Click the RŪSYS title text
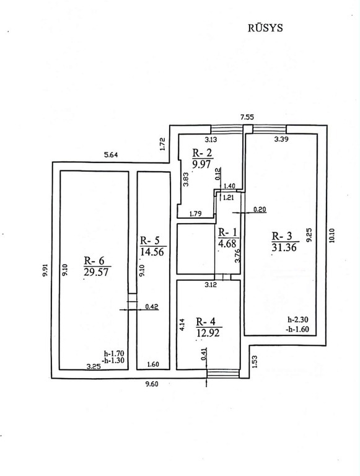(x=265, y=28)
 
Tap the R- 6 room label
(x=94, y=261)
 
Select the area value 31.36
(x=284, y=247)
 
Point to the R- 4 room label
(x=206, y=322)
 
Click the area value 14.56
(x=152, y=252)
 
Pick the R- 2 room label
(x=202, y=152)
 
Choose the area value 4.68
(x=227, y=244)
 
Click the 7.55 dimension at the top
(x=247, y=117)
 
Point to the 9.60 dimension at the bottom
(x=152, y=384)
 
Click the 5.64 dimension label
(x=111, y=155)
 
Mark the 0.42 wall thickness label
(x=152, y=307)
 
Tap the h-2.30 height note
(x=298, y=320)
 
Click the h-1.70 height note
(x=114, y=354)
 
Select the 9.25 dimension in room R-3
(x=310, y=235)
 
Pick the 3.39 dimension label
(x=281, y=139)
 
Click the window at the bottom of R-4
(x=223, y=374)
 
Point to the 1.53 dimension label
(x=255, y=362)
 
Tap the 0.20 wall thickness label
(x=260, y=209)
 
